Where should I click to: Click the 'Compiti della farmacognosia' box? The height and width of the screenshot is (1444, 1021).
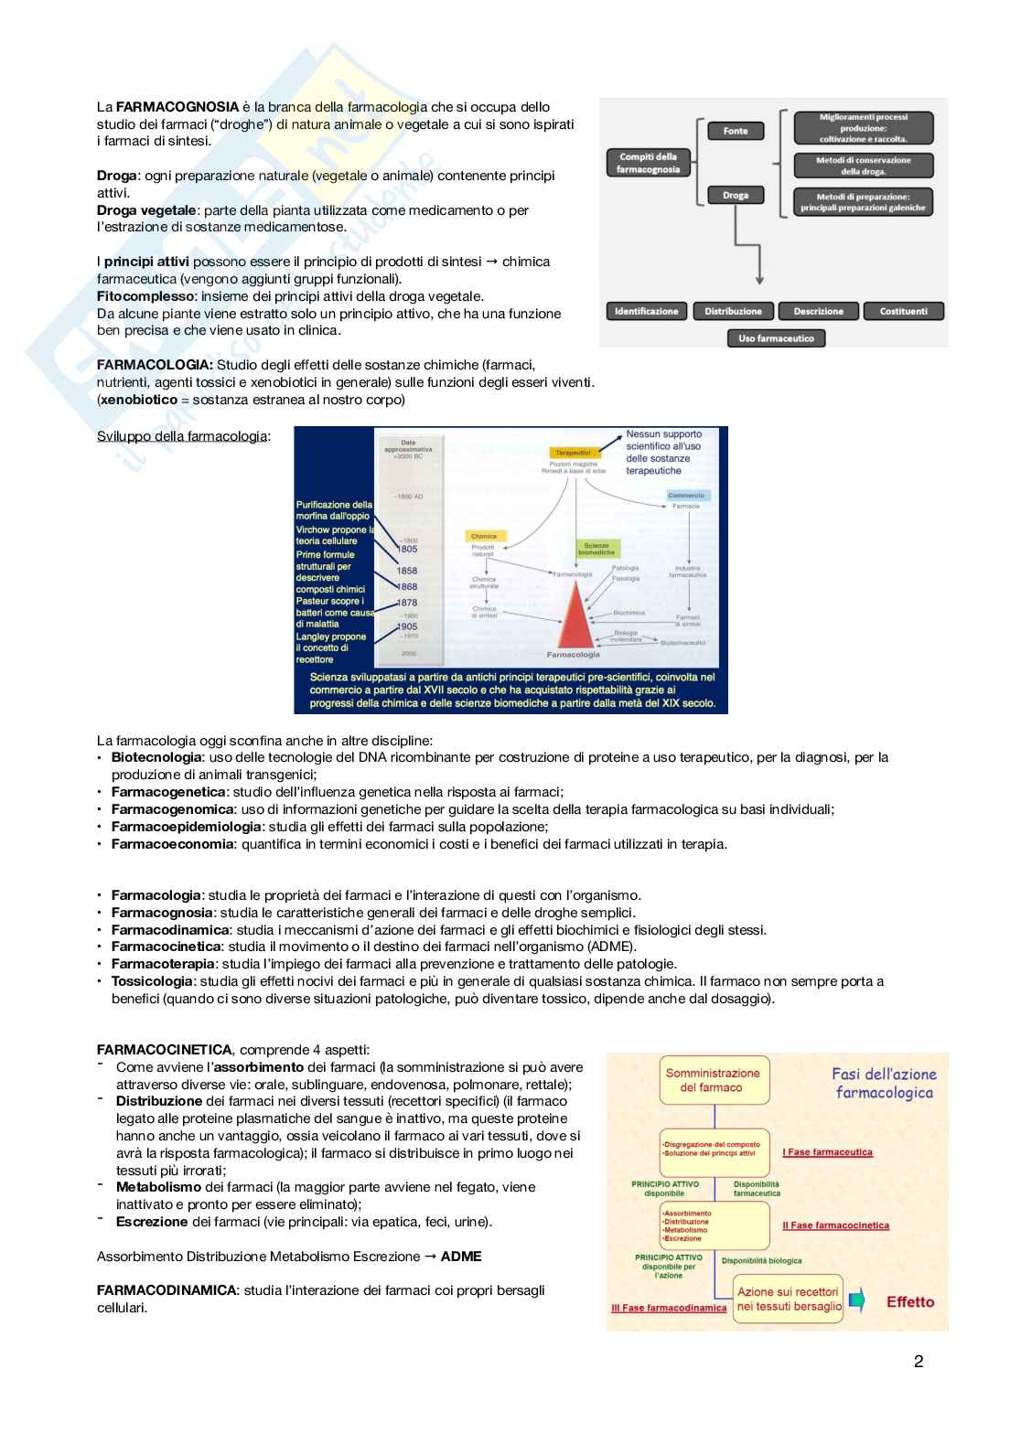click(648, 163)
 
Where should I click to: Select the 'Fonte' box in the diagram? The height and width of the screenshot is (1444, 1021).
click(736, 131)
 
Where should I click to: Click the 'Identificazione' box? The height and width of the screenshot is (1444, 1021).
click(646, 311)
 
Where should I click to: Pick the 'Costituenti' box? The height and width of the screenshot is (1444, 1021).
click(903, 311)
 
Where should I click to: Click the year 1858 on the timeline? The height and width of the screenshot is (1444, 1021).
click(406, 570)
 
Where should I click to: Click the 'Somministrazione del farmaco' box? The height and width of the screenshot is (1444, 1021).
click(713, 1080)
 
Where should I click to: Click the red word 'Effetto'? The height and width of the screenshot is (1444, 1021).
click(909, 1301)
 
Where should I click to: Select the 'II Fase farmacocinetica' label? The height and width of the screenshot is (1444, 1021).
click(835, 1225)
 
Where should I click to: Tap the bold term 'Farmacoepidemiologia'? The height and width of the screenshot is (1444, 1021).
click(173, 827)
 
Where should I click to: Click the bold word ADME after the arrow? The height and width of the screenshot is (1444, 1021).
click(461, 1257)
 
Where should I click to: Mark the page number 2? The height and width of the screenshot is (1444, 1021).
click(919, 1362)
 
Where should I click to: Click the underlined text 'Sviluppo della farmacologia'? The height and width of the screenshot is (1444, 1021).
click(182, 435)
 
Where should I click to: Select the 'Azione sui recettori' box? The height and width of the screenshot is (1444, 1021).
click(788, 1299)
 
